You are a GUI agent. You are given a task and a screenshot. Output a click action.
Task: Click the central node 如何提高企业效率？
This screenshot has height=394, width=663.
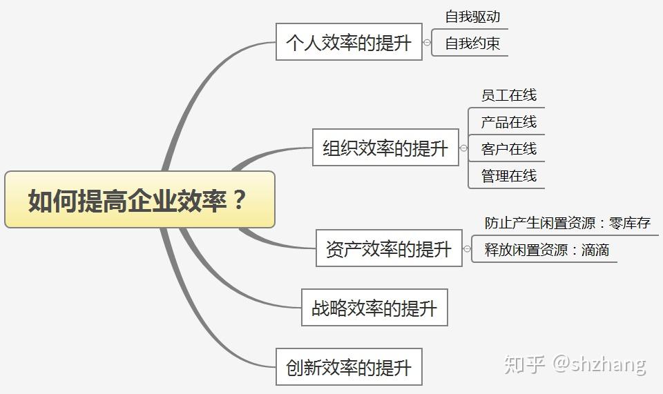(140, 199)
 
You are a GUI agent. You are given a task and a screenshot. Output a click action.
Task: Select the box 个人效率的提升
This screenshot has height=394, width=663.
(349, 42)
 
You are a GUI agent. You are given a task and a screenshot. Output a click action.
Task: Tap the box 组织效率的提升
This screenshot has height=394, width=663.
(385, 148)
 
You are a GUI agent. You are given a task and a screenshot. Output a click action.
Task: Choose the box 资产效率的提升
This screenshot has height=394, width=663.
(389, 248)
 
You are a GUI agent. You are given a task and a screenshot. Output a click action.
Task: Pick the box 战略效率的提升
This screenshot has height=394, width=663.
(374, 308)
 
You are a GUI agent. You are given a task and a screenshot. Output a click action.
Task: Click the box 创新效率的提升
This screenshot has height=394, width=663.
(349, 366)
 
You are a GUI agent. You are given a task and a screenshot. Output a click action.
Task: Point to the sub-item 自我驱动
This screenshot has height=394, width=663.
(472, 17)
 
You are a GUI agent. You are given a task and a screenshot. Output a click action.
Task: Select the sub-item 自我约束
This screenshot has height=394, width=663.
(472, 43)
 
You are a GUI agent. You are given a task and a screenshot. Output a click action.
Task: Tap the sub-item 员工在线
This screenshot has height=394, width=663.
(509, 95)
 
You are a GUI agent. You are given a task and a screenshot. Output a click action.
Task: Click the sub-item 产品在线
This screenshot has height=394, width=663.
(509, 122)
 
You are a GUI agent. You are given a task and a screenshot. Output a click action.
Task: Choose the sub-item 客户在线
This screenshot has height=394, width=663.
(509, 148)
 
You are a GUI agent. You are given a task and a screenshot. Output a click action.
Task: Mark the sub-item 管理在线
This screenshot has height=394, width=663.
(509, 176)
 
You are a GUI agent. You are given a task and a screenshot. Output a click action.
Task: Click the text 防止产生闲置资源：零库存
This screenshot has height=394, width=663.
(568, 223)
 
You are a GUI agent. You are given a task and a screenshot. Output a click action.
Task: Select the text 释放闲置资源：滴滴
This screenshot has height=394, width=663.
(547, 250)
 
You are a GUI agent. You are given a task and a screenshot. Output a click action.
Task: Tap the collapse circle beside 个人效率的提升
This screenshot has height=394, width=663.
(427, 42)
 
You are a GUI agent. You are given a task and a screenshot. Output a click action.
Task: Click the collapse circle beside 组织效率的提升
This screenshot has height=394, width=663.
(464, 148)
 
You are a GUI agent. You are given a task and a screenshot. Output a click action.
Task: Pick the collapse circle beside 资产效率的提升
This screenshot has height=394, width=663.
(468, 248)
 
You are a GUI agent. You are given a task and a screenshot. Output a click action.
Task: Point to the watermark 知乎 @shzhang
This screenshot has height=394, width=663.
(575, 364)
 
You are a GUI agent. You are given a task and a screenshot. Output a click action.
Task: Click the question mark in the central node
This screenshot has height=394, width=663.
(239, 199)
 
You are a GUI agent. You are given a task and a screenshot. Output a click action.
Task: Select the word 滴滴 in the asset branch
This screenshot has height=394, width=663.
(595, 250)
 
